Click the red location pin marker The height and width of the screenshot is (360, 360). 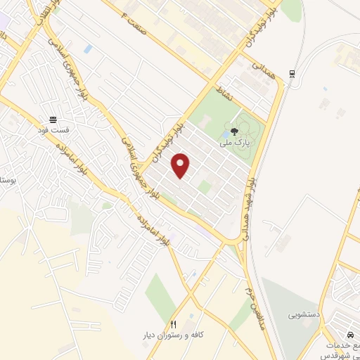pyautogui.click(x=181, y=166)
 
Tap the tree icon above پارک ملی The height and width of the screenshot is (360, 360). pyautogui.click(x=235, y=130)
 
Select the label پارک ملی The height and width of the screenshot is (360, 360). pyautogui.click(x=234, y=142)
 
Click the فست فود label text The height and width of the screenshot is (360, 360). pyautogui.click(x=53, y=129)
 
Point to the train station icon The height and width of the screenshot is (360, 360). pyautogui.click(x=292, y=73)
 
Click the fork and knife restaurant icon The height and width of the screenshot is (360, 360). pyautogui.click(x=174, y=323)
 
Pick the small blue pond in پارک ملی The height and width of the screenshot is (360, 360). pyautogui.click(x=223, y=134)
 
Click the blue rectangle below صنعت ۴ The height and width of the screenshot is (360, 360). pyautogui.click(x=87, y=49)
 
